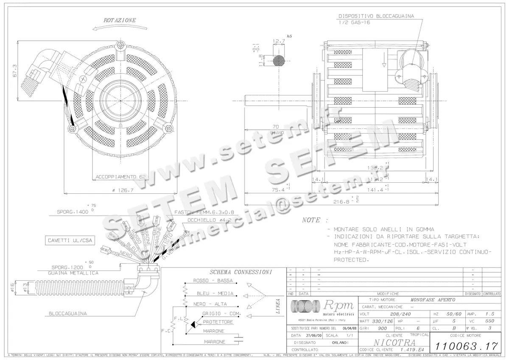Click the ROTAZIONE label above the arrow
click(120, 20)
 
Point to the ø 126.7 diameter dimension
click(123, 190)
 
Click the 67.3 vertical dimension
click(15, 70)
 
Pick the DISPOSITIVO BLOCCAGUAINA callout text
click(376, 16)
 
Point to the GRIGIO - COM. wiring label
click(221, 313)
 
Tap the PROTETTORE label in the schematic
click(218, 322)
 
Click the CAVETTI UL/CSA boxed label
click(70, 240)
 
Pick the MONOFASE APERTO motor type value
click(433, 299)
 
